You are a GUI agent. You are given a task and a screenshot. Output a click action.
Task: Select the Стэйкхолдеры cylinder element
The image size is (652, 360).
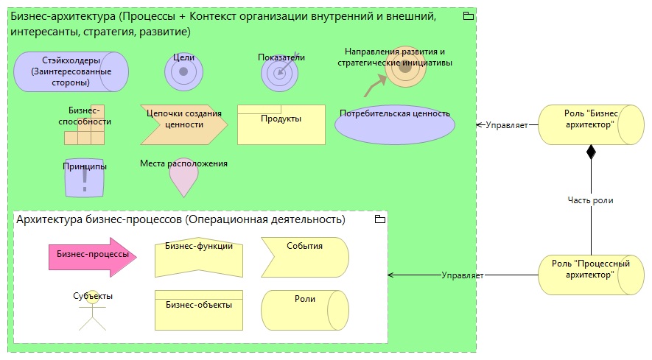point(71,72)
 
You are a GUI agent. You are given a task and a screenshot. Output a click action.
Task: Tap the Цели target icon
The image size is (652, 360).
point(183,72)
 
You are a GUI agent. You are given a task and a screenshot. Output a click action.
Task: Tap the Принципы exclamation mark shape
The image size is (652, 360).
point(85,177)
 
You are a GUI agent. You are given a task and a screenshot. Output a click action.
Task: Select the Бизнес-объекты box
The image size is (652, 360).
point(199,310)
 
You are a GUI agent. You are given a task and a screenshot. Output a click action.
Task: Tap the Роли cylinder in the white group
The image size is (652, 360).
point(304,310)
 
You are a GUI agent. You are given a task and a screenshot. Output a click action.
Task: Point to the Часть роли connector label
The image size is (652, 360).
point(591,200)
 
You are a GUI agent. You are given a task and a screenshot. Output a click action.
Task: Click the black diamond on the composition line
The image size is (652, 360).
point(591,152)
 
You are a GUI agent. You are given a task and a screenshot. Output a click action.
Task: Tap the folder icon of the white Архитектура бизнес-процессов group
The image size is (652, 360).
point(379,219)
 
